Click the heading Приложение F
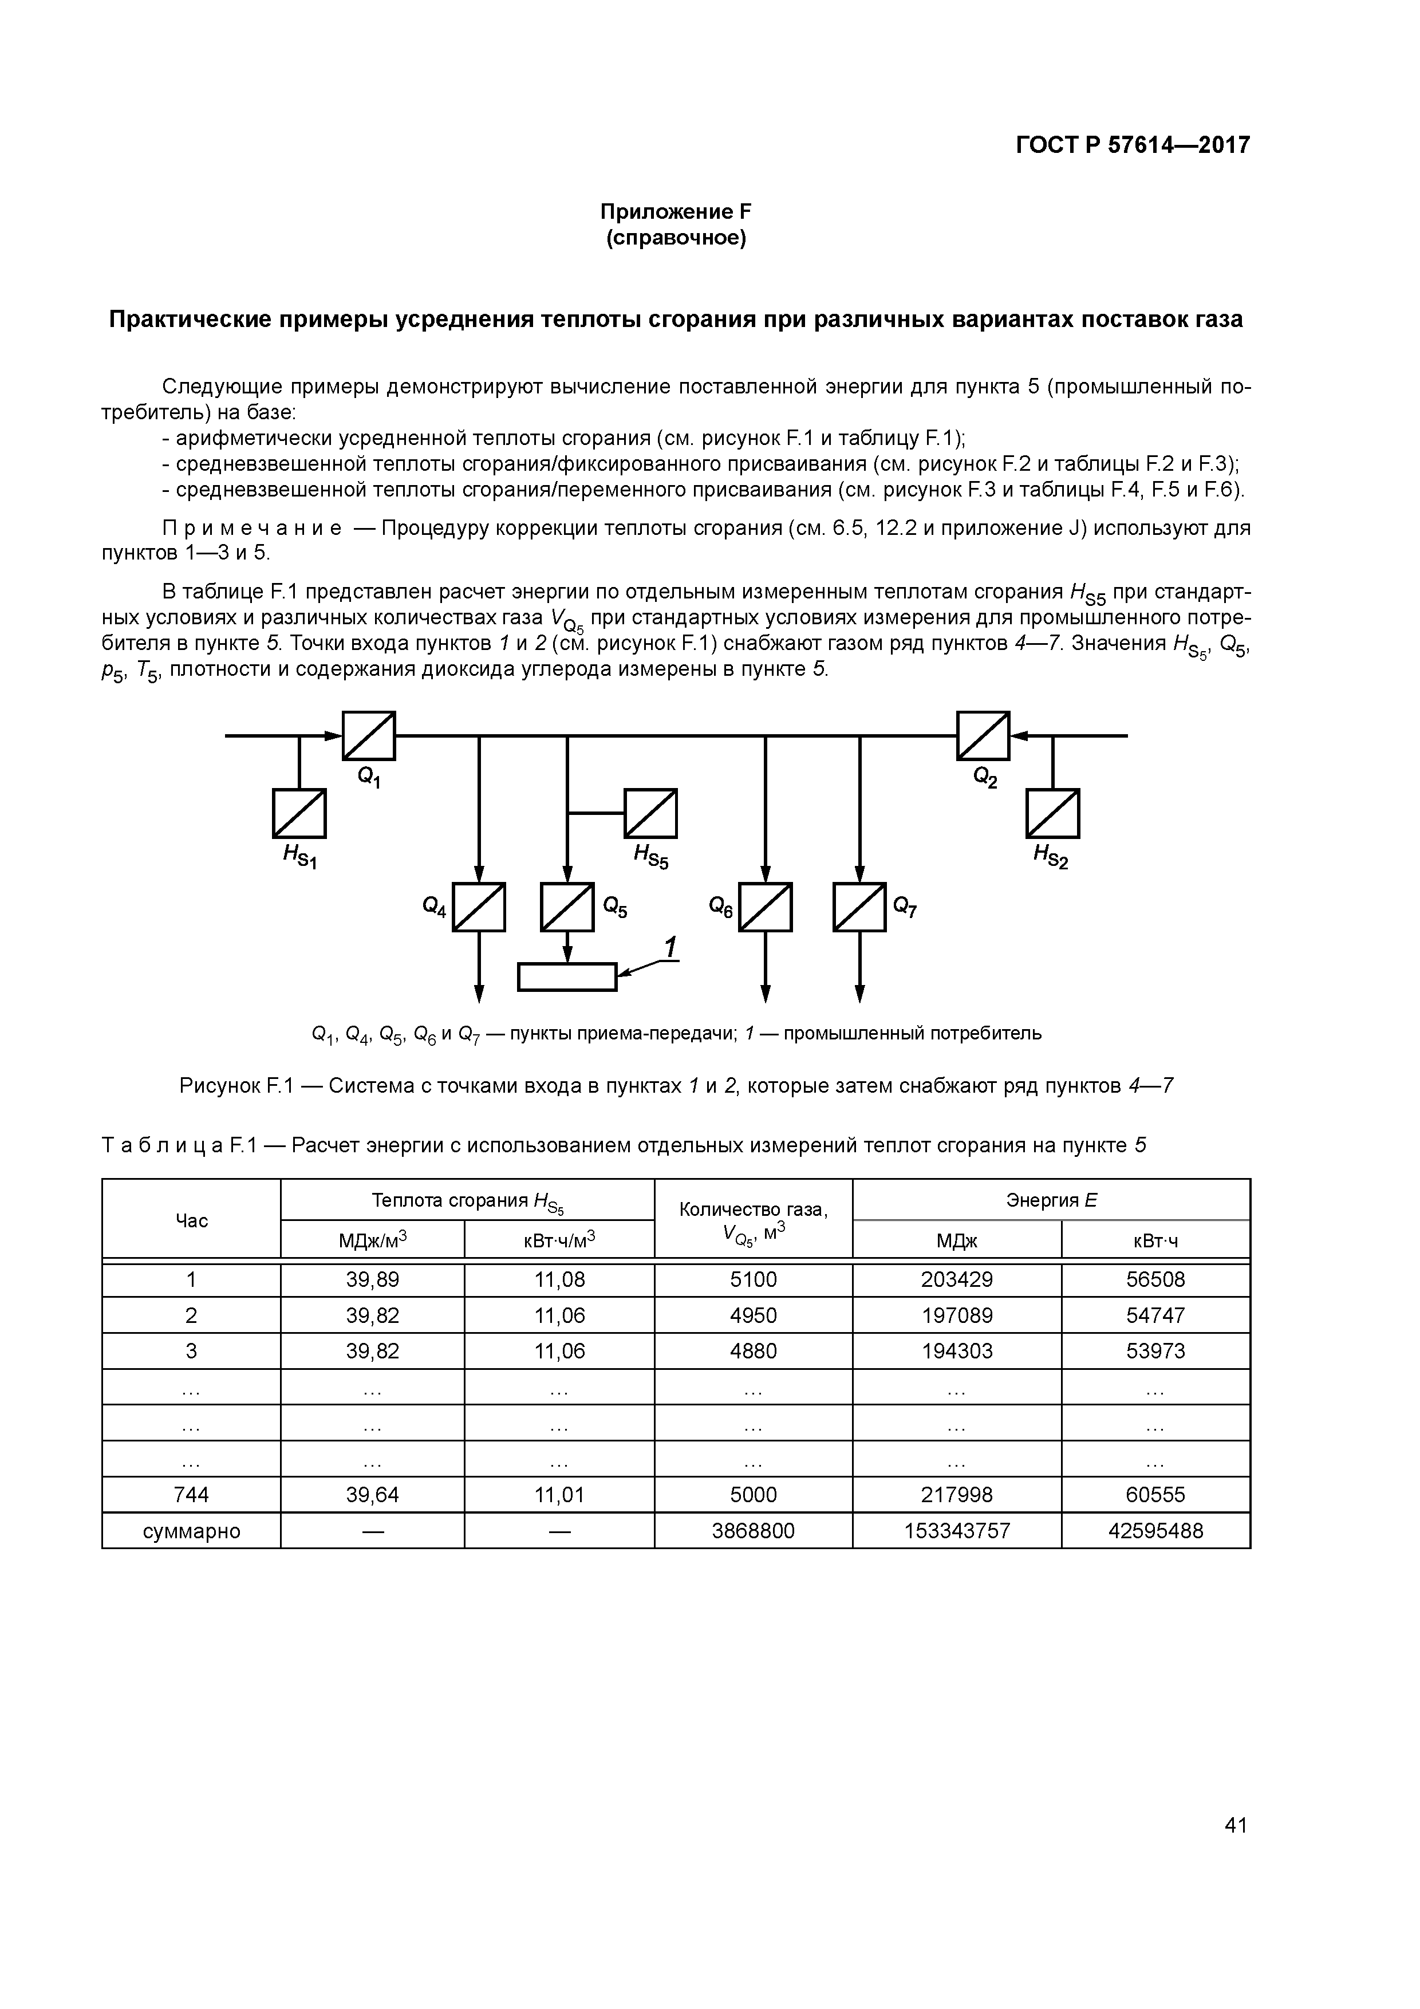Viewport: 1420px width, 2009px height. pos(676,212)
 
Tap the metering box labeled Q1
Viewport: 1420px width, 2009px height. pos(368,736)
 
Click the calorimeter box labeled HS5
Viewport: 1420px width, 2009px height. pos(650,813)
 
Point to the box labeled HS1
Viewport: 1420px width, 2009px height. pos(299,813)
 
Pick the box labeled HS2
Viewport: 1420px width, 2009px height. pos(1052,813)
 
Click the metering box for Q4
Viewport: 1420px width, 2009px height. pos(479,907)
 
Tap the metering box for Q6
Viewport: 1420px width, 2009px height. pos(766,907)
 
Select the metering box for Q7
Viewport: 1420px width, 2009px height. pos(859,907)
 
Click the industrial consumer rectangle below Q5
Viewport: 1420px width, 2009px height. pos(567,976)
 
